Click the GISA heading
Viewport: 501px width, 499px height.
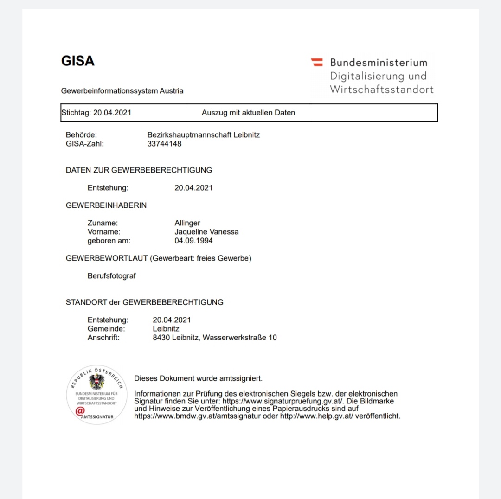point(77,61)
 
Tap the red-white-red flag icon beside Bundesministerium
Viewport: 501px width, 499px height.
point(317,62)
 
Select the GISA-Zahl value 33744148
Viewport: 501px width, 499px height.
point(164,144)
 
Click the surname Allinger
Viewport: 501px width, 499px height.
point(187,223)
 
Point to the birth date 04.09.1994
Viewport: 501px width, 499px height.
point(193,241)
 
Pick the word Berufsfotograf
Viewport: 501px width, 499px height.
point(112,276)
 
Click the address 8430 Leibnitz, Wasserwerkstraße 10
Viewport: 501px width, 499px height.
point(215,338)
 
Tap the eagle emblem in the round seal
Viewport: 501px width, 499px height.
point(96,382)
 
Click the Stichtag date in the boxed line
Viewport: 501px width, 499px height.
point(112,113)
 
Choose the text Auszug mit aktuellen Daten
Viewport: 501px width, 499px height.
point(248,113)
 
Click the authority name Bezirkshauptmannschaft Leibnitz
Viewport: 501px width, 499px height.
point(204,135)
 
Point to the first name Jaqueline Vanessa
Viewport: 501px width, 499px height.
point(206,232)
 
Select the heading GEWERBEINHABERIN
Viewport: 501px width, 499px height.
point(106,205)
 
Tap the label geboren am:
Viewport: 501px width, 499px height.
point(109,241)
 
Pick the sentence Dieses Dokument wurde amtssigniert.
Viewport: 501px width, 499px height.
point(198,378)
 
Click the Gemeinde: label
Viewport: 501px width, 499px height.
point(106,329)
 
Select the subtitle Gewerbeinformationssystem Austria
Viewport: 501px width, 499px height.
point(122,91)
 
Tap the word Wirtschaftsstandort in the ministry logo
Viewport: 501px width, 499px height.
point(382,90)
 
